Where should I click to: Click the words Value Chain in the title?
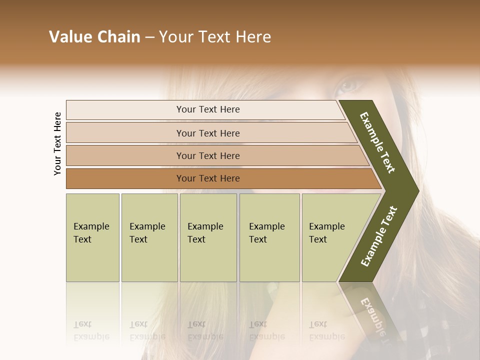pyautogui.click(x=94, y=37)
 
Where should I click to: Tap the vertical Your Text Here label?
pyautogui.click(x=57, y=143)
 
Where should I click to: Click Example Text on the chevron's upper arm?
pyautogui.click(x=378, y=142)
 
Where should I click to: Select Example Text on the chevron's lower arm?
pyautogui.click(x=378, y=236)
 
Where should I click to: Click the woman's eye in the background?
pyautogui.click(x=349, y=84)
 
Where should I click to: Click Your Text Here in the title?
pyautogui.click(x=215, y=37)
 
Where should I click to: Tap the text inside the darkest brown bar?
pyautogui.click(x=208, y=178)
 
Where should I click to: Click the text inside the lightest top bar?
pyautogui.click(x=208, y=109)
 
